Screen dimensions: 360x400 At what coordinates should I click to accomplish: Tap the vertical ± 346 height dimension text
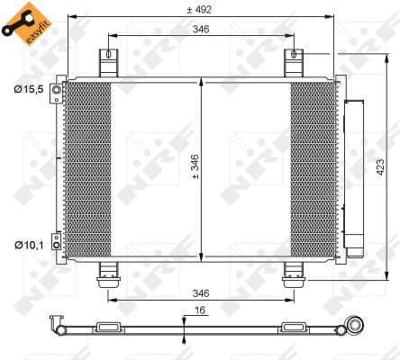pos(195,167)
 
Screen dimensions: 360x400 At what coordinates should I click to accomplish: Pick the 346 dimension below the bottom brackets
pos(200,292)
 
